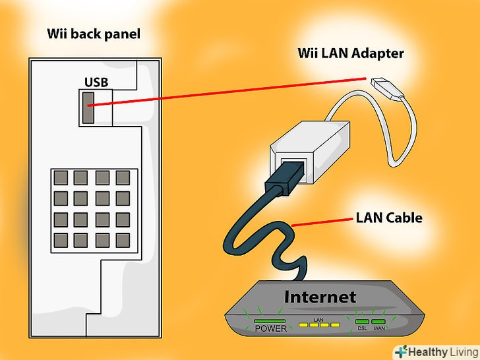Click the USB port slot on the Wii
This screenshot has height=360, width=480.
click(x=88, y=107)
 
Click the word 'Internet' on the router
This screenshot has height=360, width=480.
click(x=320, y=297)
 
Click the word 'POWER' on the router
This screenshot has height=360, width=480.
click(x=270, y=328)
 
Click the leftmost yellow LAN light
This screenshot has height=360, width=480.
click(x=304, y=324)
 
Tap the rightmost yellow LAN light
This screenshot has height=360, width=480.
click(x=334, y=324)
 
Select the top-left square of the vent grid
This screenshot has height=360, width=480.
click(x=61, y=177)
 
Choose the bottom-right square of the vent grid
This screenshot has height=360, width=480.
click(x=123, y=238)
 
